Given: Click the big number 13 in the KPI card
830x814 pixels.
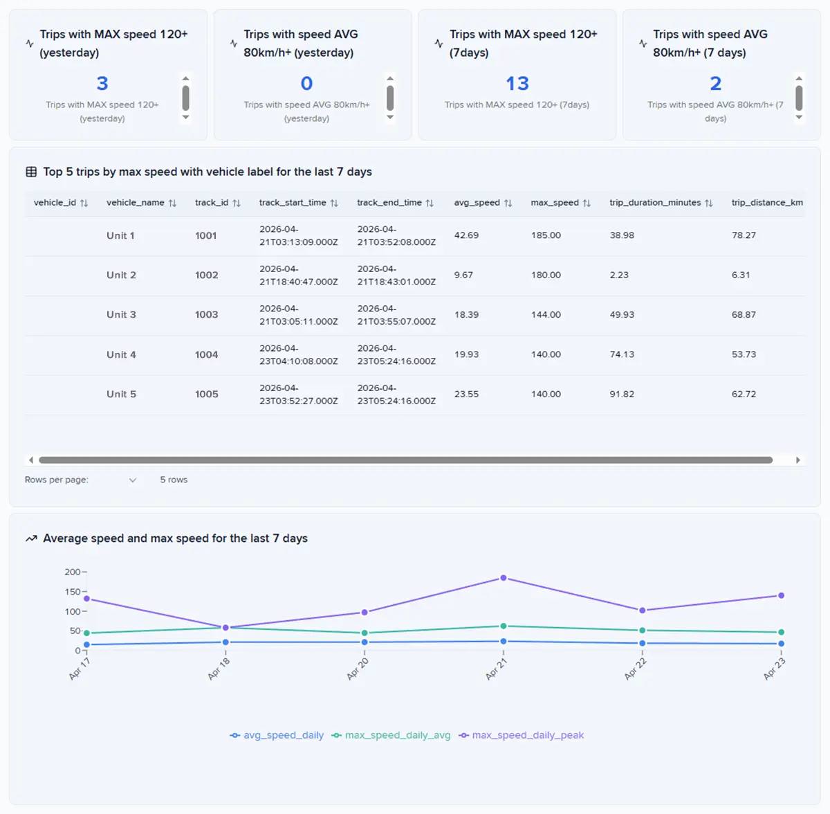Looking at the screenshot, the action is tap(517, 83).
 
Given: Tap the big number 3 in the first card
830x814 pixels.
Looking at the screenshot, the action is tap(102, 83).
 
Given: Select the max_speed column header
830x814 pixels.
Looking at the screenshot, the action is tap(554, 202).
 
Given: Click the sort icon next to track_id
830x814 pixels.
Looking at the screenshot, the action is tap(237, 203).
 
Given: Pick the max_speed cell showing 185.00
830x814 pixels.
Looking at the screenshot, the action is tap(546, 235).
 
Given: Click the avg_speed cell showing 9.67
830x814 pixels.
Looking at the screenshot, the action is tap(463, 275).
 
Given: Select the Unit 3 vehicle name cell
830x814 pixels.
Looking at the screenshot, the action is tap(121, 314).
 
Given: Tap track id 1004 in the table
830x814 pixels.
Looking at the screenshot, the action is tap(206, 354).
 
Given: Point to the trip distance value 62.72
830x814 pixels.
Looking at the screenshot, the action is tap(744, 394).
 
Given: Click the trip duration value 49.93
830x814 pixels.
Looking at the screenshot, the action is tap(622, 314).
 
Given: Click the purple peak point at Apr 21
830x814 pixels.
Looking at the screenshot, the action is tap(503, 578).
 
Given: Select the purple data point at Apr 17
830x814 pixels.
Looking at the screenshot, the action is tap(86, 599).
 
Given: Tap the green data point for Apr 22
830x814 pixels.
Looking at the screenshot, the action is tap(642, 631).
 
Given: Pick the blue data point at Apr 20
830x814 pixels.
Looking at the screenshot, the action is tap(365, 642).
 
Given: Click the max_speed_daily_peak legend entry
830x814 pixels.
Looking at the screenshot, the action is tap(522, 735).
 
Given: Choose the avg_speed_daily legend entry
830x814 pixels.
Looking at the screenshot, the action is tap(277, 735).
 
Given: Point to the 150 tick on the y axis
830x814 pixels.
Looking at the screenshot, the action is tap(73, 592).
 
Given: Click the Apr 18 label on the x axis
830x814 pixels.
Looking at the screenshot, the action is tap(219, 669).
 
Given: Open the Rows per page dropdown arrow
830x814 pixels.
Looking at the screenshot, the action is tap(133, 480).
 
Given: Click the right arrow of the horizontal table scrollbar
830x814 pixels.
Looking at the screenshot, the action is tap(797, 460).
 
